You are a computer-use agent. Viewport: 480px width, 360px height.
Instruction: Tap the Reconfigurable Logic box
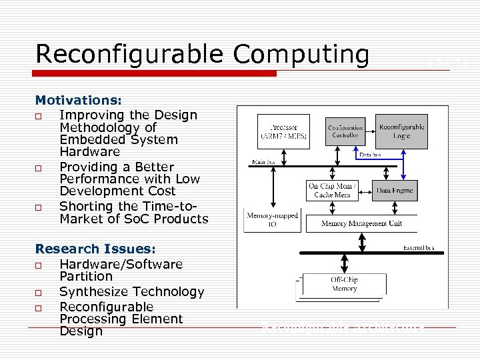(x=401, y=131)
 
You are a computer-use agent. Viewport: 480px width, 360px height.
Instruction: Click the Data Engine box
(x=395, y=190)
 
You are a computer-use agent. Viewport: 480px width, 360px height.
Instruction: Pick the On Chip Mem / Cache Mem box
(x=333, y=190)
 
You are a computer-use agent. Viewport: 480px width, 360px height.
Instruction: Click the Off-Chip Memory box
(x=344, y=284)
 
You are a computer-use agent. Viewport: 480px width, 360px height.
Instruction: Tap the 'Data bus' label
(x=371, y=155)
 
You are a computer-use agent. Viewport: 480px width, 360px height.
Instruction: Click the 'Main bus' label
(x=261, y=161)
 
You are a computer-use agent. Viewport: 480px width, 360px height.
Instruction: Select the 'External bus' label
(x=419, y=247)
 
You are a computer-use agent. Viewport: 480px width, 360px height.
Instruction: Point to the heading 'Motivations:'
(x=78, y=101)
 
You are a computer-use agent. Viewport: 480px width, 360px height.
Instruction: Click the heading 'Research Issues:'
(x=95, y=249)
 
